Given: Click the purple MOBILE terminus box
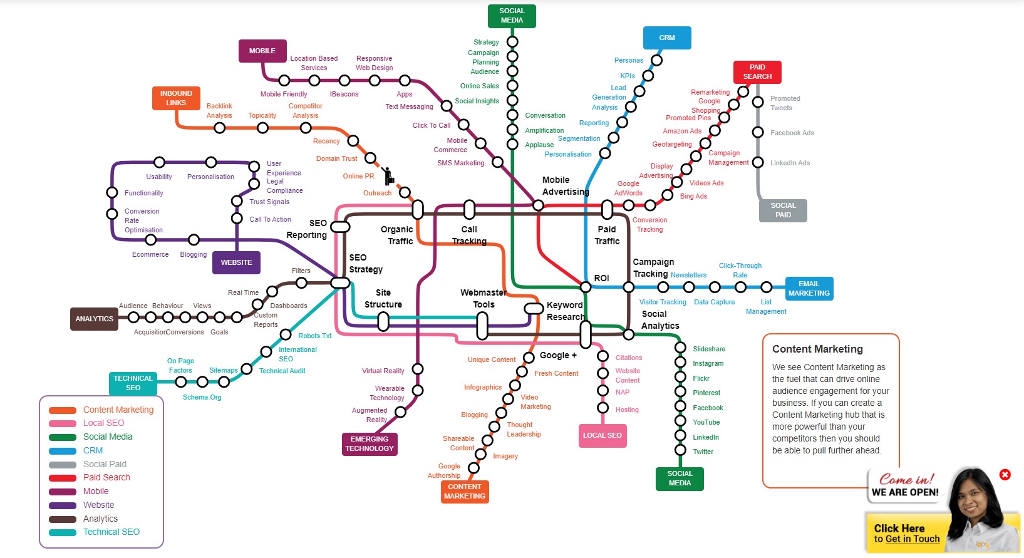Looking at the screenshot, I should (x=262, y=51).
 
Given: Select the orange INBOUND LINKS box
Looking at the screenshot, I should (x=176, y=98).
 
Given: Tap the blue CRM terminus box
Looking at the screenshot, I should (x=667, y=38).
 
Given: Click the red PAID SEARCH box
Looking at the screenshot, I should (x=757, y=72).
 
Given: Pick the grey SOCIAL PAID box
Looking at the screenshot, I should (x=783, y=210).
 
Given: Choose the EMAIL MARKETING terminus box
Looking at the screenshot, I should (x=809, y=289).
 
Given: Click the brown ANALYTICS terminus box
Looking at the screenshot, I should (x=95, y=319).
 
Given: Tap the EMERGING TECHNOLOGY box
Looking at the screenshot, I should (x=370, y=444).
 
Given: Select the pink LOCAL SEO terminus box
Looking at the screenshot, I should (x=602, y=435).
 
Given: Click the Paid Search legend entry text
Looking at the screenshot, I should (x=106, y=477).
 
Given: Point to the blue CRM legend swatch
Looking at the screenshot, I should (x=63, y=451).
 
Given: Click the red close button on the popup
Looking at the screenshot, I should (x=1005, y=475).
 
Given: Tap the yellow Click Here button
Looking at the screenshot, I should (x=906, y=533).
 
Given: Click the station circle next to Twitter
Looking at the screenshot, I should (x=680, y=450).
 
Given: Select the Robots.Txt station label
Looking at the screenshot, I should (x=315, y=336).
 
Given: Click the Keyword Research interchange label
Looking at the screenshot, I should (x=565, y=311).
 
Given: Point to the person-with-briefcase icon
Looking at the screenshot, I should (x=388, y=176).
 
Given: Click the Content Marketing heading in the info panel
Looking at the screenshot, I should (x=817, y=349).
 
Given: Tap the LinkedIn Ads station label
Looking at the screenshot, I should (x=790, y=163).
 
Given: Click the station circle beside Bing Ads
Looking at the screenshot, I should (x=668, y=195).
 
